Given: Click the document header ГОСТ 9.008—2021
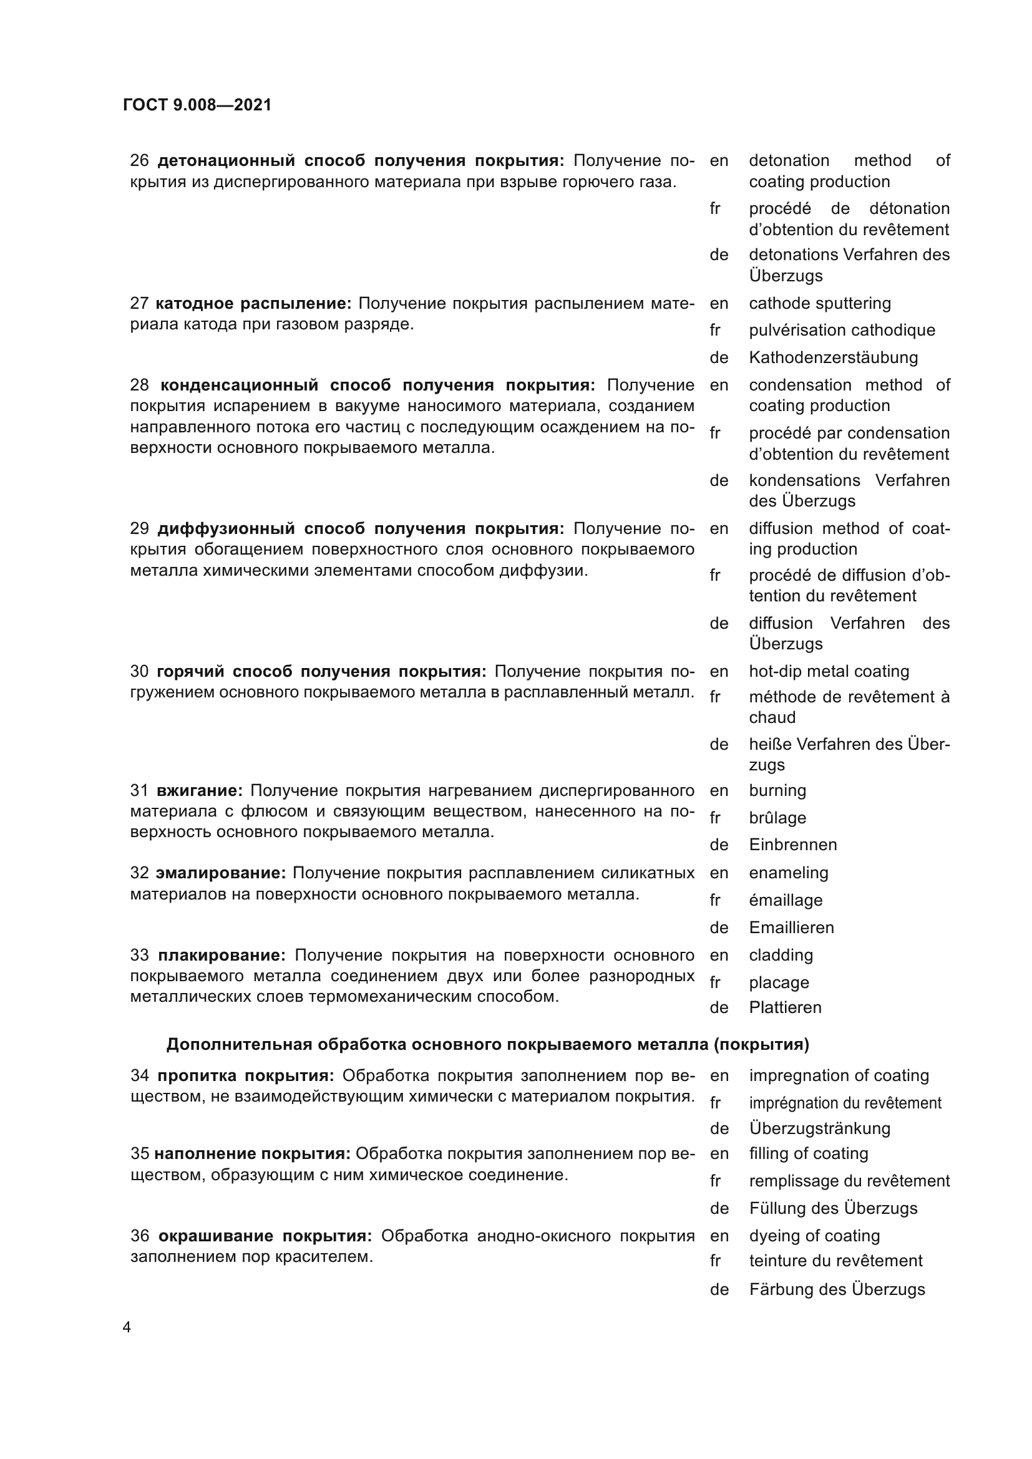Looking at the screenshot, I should pos(197,105).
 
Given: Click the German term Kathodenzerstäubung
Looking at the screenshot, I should pos(833,357).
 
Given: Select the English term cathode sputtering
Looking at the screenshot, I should pos(820,303).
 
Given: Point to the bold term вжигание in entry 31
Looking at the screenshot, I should pos(199,790).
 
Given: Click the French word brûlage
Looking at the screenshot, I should pos(777,818).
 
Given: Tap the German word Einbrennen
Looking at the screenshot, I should pos(792,845).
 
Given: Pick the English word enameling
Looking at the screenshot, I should pos(789,873).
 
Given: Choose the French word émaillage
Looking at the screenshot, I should pos(786,900).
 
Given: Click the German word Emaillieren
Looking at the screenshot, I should pos(791,927).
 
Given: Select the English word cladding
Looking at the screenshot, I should pos(781,955).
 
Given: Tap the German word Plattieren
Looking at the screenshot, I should pos(785,1007).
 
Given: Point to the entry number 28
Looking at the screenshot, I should pos(139,385).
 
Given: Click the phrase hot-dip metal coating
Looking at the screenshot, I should pos(829,671).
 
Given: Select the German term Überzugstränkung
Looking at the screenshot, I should pos(819,1128).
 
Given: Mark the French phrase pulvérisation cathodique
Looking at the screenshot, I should pos(842,330).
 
